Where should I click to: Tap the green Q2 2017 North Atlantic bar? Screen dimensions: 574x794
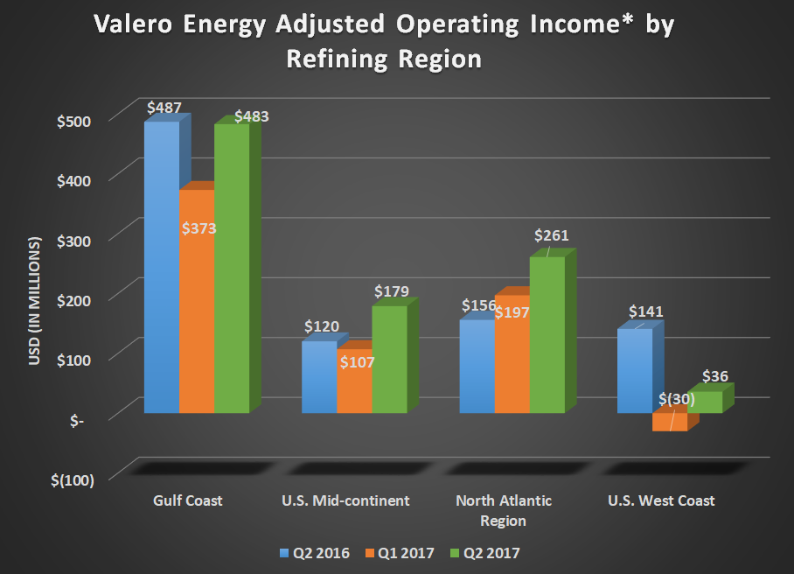[547, 337]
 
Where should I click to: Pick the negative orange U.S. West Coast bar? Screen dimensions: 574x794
[670, 423]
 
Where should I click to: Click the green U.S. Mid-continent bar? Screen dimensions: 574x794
[389, 359]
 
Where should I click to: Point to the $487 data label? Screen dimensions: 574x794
[164, 108]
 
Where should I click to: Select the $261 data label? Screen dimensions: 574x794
[552, 235]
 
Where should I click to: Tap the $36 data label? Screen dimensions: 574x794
[714, 376]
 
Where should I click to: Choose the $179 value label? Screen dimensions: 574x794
[392, 290]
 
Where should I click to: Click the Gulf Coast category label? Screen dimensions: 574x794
[187, 501]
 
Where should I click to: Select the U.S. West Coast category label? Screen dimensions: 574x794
[661, 501]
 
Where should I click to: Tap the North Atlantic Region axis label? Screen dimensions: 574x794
[503, 510]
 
